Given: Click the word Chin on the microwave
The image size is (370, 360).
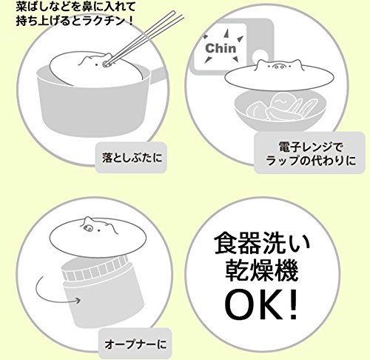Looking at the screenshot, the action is tap(221, 48).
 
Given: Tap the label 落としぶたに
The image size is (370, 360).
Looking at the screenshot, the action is tap(132, 158).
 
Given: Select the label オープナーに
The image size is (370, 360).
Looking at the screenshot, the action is tap(135, 344).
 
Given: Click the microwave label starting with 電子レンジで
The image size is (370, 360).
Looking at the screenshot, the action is tap(311, 154).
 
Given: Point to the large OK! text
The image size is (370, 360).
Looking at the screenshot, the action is tap(261, 305).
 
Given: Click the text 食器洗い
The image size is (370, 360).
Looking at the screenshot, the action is tap(262, 243).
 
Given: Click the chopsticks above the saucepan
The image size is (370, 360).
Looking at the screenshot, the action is tap(143, 39).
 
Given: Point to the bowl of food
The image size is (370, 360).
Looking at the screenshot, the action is tap(280, 110).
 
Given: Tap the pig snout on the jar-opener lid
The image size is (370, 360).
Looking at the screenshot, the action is tap(87, 227).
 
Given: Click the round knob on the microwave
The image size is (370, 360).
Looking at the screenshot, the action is tap(260, 55).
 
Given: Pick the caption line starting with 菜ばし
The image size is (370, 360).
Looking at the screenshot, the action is tap(75, 7).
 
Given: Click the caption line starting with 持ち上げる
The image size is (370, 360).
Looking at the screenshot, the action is tap(75, 21).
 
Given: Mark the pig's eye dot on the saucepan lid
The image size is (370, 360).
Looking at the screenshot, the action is tap(96, 65).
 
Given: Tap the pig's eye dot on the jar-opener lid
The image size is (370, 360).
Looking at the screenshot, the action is tap(99, 231).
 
